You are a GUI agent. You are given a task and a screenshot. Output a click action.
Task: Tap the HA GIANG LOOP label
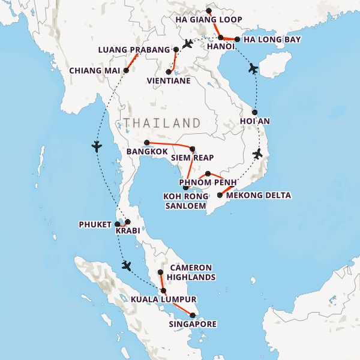click(209, 20)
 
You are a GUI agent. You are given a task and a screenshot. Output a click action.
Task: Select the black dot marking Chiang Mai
click(126, 70)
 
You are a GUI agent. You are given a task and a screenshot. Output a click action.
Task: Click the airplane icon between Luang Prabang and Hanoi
click(188, 44)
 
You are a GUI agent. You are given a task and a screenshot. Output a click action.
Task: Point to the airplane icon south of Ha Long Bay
click(253, 68)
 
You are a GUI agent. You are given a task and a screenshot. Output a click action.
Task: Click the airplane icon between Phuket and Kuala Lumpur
click(126, 265)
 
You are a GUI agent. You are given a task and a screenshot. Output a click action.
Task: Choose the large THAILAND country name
click(162, 122)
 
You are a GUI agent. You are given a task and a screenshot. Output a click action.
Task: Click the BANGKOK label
click(147, 152)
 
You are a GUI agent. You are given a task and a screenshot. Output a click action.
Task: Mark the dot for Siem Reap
click(192, 149)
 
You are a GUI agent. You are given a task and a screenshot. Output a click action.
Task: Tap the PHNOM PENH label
click(209, 182)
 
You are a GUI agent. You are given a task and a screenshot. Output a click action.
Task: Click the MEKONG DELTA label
click(259, 196)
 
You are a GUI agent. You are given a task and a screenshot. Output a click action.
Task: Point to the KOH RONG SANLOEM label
click(185, 201)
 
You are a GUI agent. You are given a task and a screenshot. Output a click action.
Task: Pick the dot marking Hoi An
click(254, 112)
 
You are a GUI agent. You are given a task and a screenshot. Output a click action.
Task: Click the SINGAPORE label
click(192, 324)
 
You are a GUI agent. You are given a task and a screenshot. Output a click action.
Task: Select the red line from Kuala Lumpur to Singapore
click(178, 304)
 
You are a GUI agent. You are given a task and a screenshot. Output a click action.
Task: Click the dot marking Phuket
click(118, 224)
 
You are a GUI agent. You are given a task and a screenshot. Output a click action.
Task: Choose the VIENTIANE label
click(169, 80)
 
